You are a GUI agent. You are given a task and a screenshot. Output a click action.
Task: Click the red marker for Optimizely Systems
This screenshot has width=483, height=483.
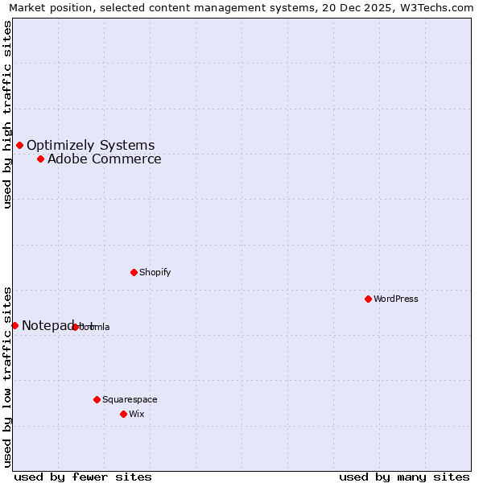(19, 145)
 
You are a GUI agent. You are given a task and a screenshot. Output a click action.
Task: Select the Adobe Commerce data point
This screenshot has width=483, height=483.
(40, 159)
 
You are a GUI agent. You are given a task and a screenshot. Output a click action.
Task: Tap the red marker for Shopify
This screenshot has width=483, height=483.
(134, 272)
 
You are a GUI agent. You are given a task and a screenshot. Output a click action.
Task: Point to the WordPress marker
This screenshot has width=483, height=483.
(368, 299)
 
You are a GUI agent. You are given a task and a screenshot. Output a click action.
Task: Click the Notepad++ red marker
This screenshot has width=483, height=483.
(14, 325)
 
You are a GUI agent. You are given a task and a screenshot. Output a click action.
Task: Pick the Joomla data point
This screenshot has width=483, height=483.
(76, 327)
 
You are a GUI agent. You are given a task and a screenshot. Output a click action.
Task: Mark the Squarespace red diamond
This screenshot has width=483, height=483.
(97, 399)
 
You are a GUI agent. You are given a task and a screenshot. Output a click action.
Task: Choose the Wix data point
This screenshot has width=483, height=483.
(123, 414)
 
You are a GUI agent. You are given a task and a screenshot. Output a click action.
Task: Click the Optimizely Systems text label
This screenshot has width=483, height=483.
(90, 146)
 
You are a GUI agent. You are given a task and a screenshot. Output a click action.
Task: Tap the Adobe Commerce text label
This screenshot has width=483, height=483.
(104, 159)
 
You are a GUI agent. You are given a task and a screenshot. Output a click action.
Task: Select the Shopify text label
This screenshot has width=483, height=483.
(155, 273)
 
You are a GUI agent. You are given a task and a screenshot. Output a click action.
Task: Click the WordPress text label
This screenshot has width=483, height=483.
(395, 299)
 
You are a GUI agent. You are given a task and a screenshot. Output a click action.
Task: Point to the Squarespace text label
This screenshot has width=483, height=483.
(130, 400)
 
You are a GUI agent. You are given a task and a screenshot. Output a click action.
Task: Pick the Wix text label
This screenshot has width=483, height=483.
(136, 415)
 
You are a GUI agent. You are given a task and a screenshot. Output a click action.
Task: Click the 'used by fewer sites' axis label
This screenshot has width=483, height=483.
(83, 477)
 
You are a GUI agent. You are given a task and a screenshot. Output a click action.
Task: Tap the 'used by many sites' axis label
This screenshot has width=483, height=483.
(404, 477)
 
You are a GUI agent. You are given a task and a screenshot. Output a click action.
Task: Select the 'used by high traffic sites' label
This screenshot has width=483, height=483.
(7, 114)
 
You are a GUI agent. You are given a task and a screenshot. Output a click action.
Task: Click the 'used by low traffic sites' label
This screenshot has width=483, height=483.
(7, 376)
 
